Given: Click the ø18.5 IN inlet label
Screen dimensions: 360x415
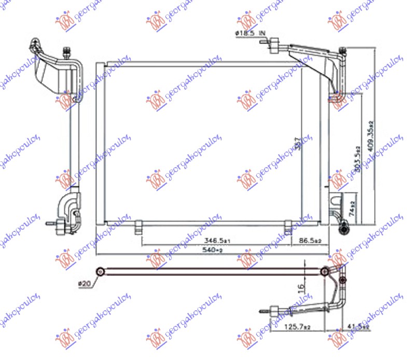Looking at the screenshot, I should click(251, 34).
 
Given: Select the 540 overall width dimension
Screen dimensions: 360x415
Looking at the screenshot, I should click(211, 251).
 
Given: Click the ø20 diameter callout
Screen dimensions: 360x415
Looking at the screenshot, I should click(84, 283).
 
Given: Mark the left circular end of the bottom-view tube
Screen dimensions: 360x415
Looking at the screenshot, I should click(100, 271).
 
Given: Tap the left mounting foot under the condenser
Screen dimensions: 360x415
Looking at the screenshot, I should click(139, 227).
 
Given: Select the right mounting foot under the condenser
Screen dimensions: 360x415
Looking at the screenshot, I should click(288, 227).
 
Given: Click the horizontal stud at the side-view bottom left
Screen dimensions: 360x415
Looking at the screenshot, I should click(51, 224).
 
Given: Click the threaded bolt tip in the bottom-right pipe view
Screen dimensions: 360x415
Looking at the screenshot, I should click(265, 311).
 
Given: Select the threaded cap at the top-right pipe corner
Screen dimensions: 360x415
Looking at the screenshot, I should click(342, 51).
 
